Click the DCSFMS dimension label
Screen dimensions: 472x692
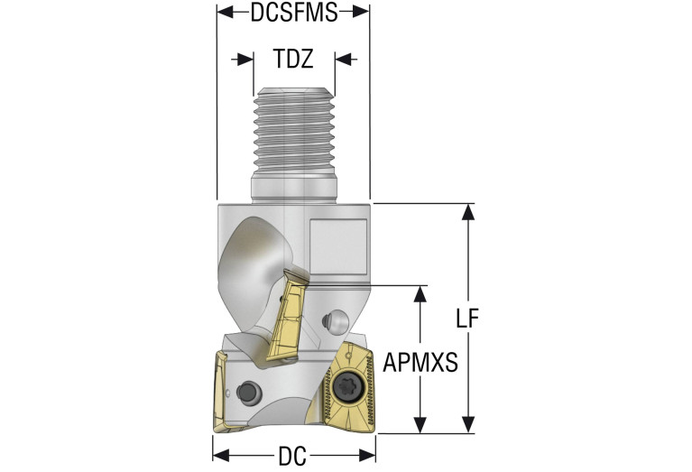pyautogui.click(x=292, y=12)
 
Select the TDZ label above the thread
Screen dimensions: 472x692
pyautogui.click(x=293, y=60)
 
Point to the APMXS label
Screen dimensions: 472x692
pyautogui.click(x=420, y=363)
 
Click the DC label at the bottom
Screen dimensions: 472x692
pyautogui.click(x=292, y=456)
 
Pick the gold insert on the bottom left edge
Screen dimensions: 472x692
pyautogui.click(x=222, y=390)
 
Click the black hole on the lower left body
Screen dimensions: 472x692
pyautogui.click(x=248, y=391)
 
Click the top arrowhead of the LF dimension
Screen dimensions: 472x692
pyautogui.click(x=467, y=210)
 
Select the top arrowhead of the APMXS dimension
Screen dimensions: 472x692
pyautogui.click(x=420, y=293)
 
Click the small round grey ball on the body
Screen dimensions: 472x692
pyautogui.click(x=337, y=319)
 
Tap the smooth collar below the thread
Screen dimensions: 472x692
pyautogui.click(x=293, y=189)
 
